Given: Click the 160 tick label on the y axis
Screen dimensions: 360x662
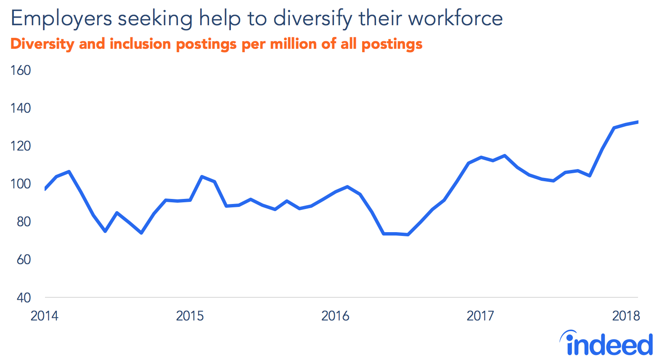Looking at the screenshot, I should [21, 70].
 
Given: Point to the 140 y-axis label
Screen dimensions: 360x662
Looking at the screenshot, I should [21, 108].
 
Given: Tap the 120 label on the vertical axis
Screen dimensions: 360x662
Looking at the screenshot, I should [21, 146].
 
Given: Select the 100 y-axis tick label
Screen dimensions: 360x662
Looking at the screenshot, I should [21, 184].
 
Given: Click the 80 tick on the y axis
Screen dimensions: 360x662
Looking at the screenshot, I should [24, 222].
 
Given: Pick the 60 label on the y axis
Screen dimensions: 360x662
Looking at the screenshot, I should [24, 259].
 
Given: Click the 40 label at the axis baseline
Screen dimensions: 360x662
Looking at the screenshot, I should [24, 298].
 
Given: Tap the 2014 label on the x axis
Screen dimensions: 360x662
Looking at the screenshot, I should [44, 316].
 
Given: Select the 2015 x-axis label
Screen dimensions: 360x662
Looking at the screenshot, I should [190, 316].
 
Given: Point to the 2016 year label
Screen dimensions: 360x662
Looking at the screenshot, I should [335, 316].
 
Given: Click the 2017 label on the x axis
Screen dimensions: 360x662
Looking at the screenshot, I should [480, 316].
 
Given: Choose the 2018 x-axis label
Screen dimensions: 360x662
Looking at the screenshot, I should [626, 316].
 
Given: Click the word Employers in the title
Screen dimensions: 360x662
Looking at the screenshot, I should [61, 19].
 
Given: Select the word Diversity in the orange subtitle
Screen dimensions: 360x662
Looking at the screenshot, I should [42, 44].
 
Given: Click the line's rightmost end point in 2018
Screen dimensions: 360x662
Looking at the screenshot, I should [638, 122].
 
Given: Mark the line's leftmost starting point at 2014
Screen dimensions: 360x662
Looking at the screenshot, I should [45, 189].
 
